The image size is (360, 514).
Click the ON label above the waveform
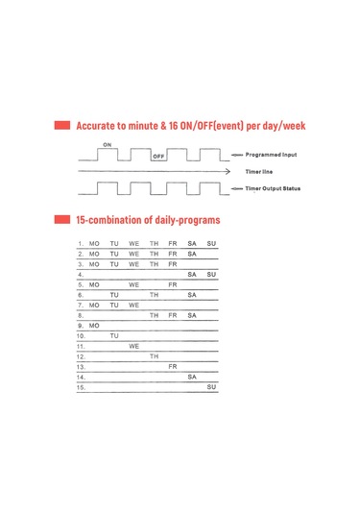106,143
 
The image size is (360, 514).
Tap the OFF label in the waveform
158,156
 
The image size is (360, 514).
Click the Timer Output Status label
274,188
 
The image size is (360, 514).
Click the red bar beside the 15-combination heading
63,220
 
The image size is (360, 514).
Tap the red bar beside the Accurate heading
63,126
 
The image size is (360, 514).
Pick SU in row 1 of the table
211,243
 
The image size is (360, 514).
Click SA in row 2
192,254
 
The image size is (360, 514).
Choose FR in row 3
173,264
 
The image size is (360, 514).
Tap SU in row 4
211,275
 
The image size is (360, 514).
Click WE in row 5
134,285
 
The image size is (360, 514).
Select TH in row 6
154,295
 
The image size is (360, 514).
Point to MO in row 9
94,326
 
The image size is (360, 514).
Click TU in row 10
114,336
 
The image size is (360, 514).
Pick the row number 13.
82,367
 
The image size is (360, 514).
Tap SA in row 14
192,378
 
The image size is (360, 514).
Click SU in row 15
211,387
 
